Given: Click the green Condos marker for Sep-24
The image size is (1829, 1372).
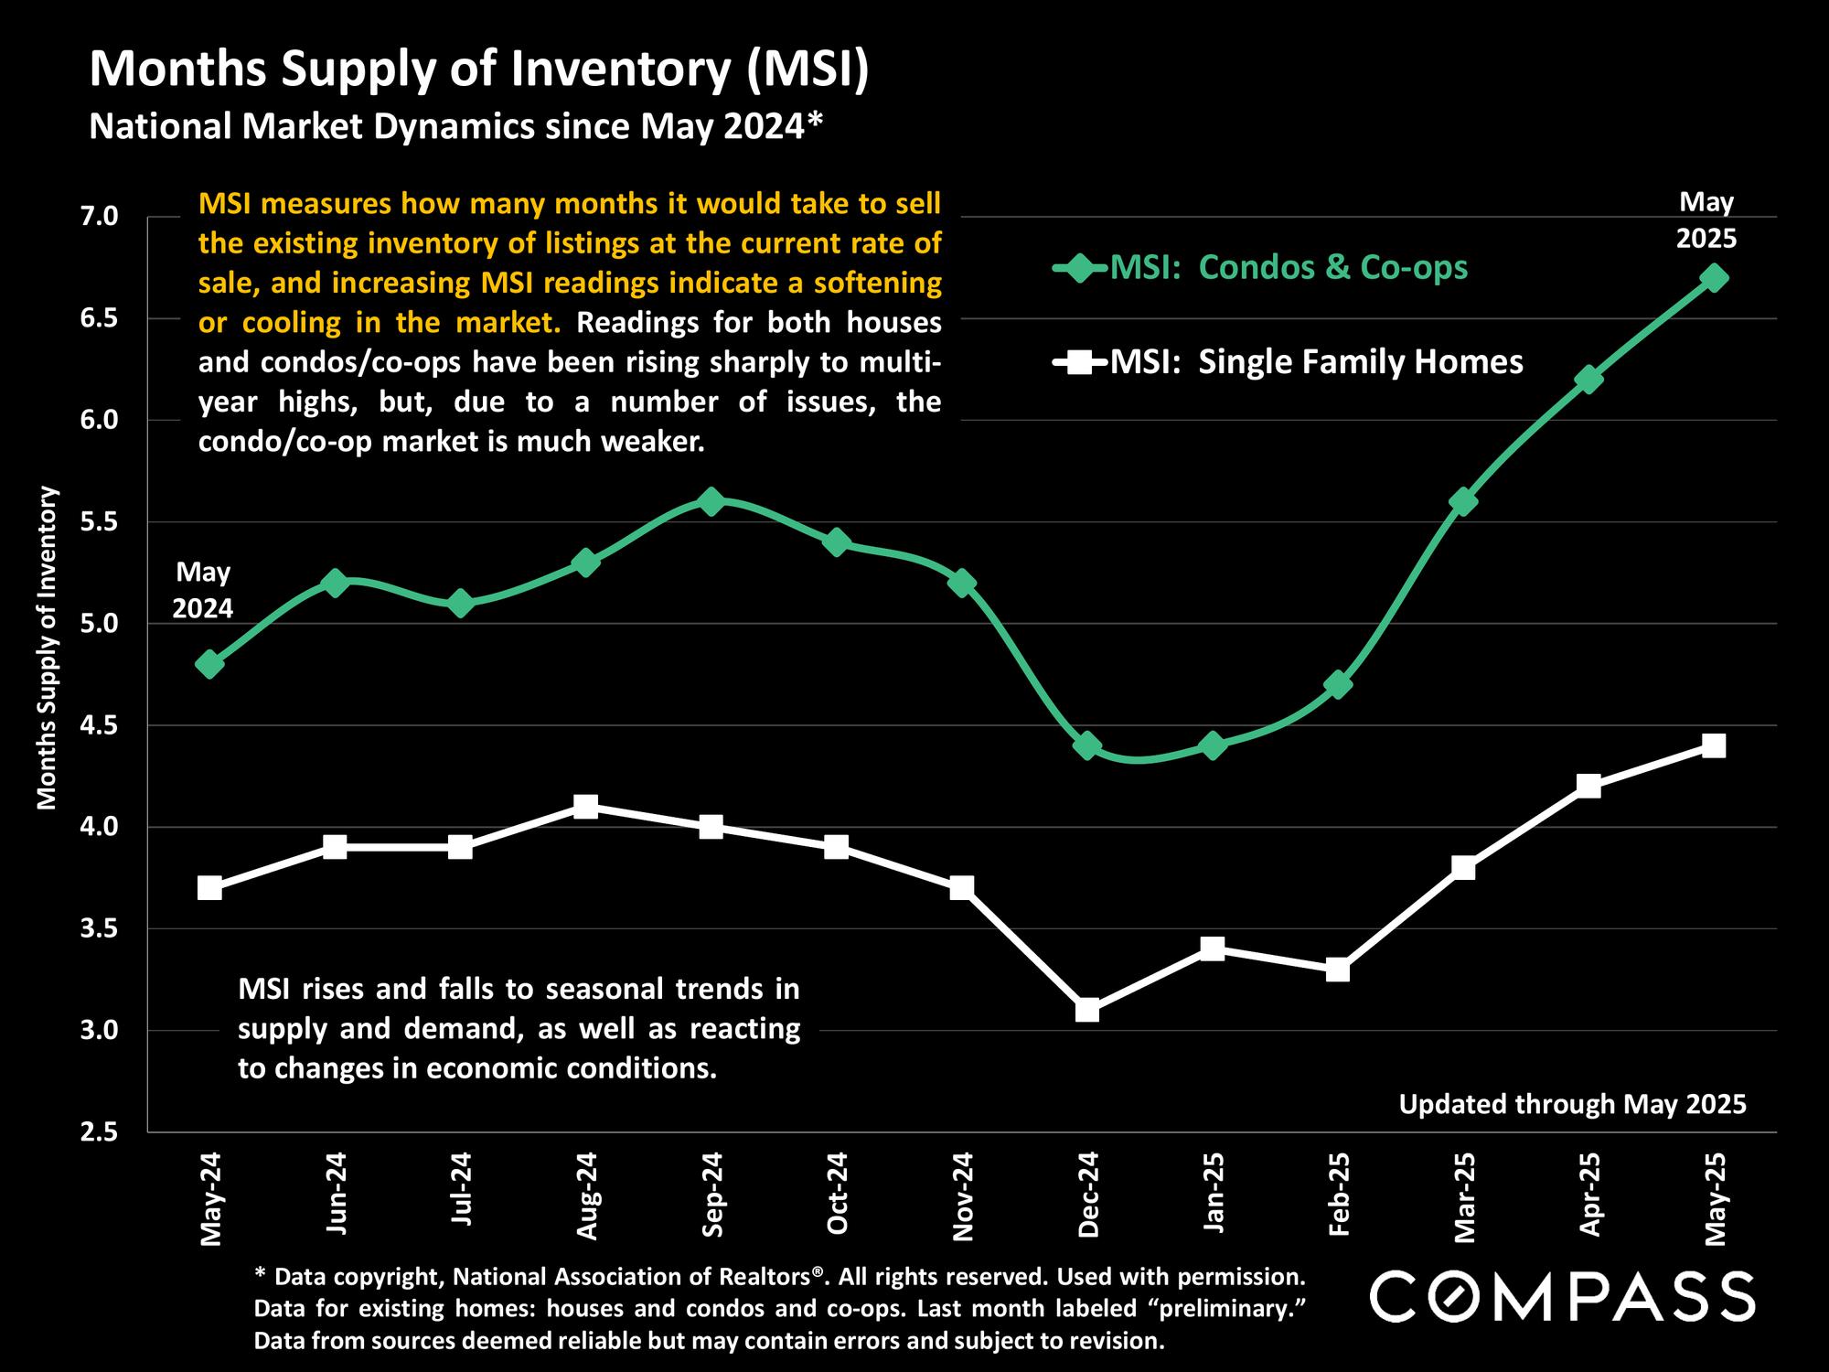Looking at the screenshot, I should point(711,501).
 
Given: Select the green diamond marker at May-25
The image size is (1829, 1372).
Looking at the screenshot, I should point(1714,277).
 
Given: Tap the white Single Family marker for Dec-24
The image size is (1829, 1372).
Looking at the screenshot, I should point(1087,1010).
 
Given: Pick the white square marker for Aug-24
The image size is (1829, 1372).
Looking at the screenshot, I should point(586,807).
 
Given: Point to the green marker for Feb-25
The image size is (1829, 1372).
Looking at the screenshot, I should point(1338,684).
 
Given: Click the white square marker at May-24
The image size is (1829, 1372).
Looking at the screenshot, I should point(209,888).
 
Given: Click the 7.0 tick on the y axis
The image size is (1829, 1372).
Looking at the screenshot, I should point(100,217).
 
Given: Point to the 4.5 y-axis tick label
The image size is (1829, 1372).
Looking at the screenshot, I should point(100,725).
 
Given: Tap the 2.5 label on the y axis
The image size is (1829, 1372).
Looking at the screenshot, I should point(100,1132).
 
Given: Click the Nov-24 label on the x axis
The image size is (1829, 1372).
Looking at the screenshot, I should point(962,1196).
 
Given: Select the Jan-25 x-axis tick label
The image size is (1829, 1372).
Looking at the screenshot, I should point(1214,1192).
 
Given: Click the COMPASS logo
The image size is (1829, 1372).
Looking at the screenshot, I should point(1562,1296).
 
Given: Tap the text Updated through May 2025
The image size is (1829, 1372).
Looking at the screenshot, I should point(1572,1104).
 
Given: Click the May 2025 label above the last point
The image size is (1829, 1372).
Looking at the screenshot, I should point(1706,220).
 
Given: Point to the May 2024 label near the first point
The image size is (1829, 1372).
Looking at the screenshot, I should point(203,590).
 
